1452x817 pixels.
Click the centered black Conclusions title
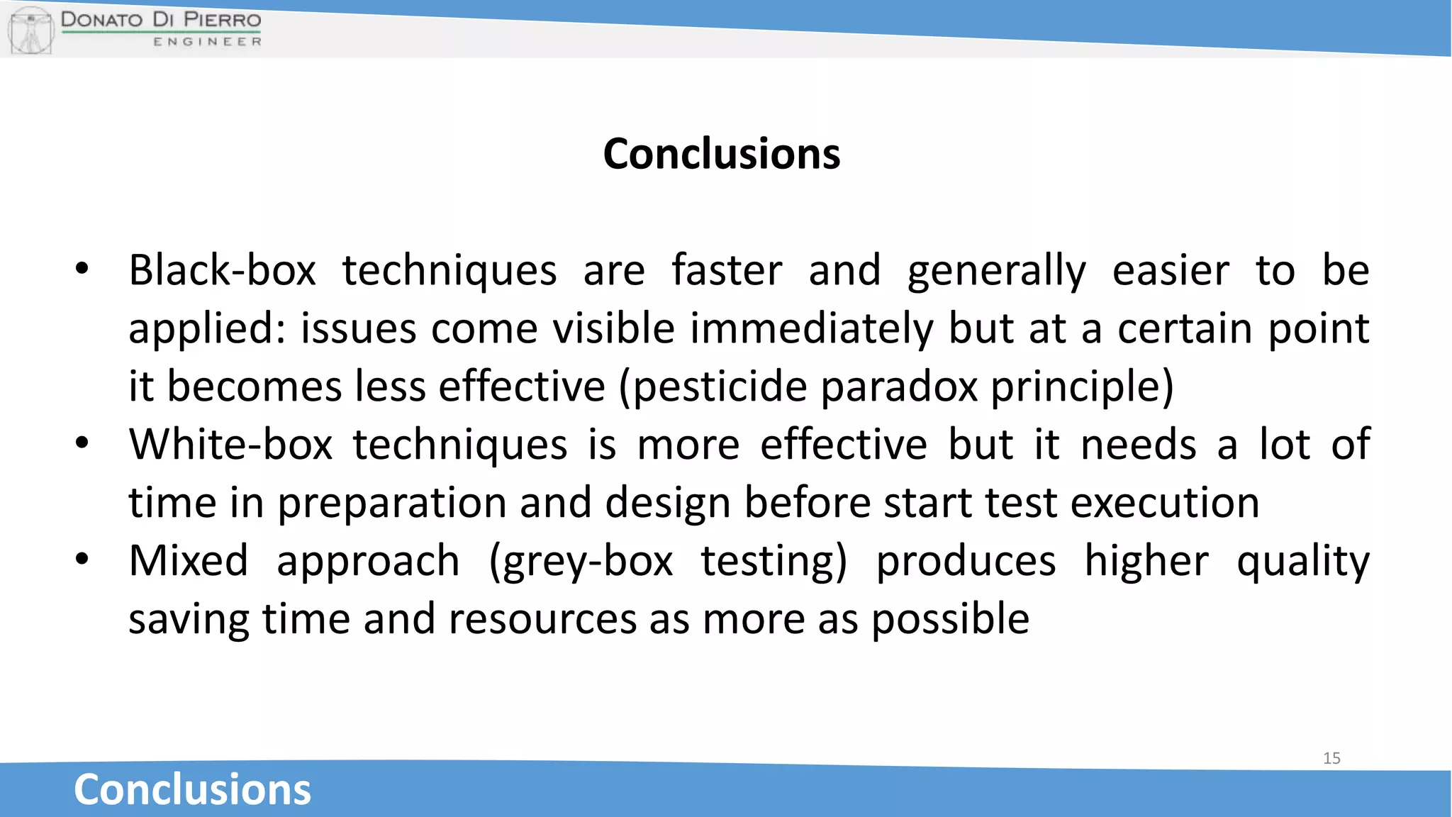point(722,154)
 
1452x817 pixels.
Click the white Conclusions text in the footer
point(192,789)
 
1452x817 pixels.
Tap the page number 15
point(1331,758)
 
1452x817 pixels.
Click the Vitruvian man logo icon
point(30,30)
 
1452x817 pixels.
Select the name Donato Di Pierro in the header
point(161,19)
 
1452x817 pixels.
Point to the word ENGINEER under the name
point(207,42)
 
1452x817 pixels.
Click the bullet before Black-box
point(82,269)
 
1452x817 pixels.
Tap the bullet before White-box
point(82,444)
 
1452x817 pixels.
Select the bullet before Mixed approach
point(82,560)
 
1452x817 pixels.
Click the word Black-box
point(222,271)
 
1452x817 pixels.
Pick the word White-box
point(230,445)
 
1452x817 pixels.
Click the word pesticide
point(720,387)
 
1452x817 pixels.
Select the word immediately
point(812,329)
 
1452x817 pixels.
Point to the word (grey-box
point(581,562)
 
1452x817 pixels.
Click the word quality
point(1303,562)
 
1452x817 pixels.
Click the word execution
point(1165,504)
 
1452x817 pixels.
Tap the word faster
point(727,271)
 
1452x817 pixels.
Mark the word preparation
point(391,504)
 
